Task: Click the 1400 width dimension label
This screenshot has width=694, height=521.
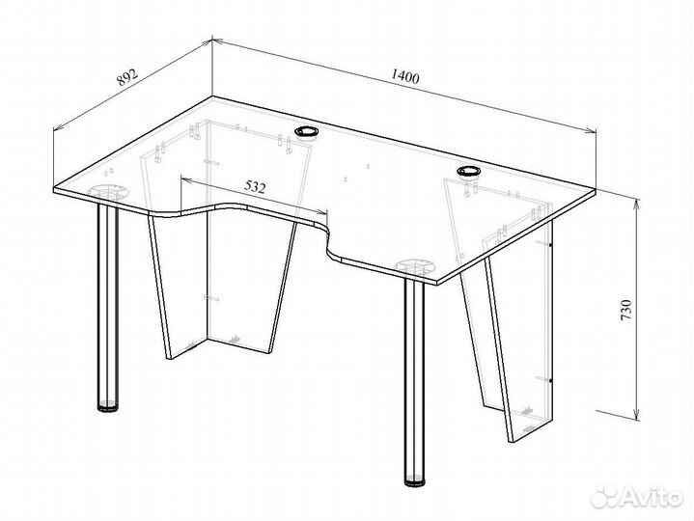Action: tap(404, 76)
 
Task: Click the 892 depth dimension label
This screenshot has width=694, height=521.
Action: tap(127, 76)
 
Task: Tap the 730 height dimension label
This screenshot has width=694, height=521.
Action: tap(626, 311)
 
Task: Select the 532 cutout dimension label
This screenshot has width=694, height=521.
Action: tap(255, 187)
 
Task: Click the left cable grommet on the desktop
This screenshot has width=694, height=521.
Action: tap(307, 131)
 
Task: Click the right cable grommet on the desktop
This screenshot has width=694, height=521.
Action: tap(469, 171)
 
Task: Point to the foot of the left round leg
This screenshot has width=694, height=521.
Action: tap(108, 406)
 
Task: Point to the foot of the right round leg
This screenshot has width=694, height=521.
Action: tap(414, 481)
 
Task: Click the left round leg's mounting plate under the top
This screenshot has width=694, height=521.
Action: tap(108, 191)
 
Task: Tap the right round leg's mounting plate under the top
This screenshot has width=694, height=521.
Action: tap(415, 267)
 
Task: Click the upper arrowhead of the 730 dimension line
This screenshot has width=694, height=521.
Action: tap(637, 204)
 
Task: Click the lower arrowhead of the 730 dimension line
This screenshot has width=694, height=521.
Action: tap(637, 415)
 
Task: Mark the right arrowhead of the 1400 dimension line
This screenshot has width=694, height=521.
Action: tap(591, 130)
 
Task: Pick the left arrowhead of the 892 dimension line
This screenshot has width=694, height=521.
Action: tap(58, 127)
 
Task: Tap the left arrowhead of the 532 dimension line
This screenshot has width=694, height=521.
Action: tap(186, 180)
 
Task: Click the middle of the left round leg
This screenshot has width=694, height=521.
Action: tap(108, 306)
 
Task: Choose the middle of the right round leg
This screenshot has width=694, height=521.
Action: tap(414, 380)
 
